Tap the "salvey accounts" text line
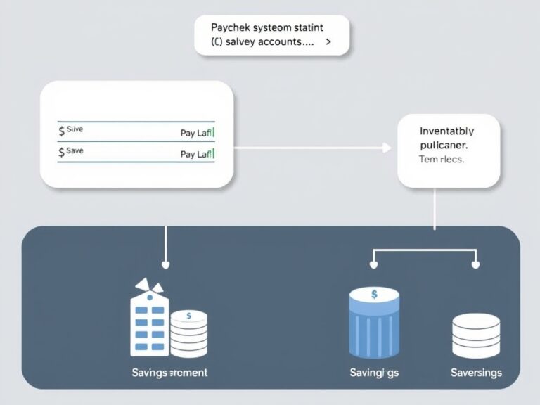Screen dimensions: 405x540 [x=266, y=42]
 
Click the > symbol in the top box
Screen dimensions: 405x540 [x=328, y=42]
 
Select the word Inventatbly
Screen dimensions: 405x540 [x=446, y=131]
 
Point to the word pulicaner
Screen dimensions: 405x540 [x=444, y=145]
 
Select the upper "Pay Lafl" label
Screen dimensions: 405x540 [x=197, y=131]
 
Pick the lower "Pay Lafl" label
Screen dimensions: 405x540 [x=197, y=154]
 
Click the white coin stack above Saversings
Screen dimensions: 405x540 [x=476, y=335]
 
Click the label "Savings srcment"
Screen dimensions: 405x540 [x=169, y=372]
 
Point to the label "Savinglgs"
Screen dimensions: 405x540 [x=375, y=372]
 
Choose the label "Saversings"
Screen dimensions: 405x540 [x=476, y=372]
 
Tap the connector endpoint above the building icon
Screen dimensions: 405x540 [x=165, y=265]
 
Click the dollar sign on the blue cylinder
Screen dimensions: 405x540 [x=374, y=294]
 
